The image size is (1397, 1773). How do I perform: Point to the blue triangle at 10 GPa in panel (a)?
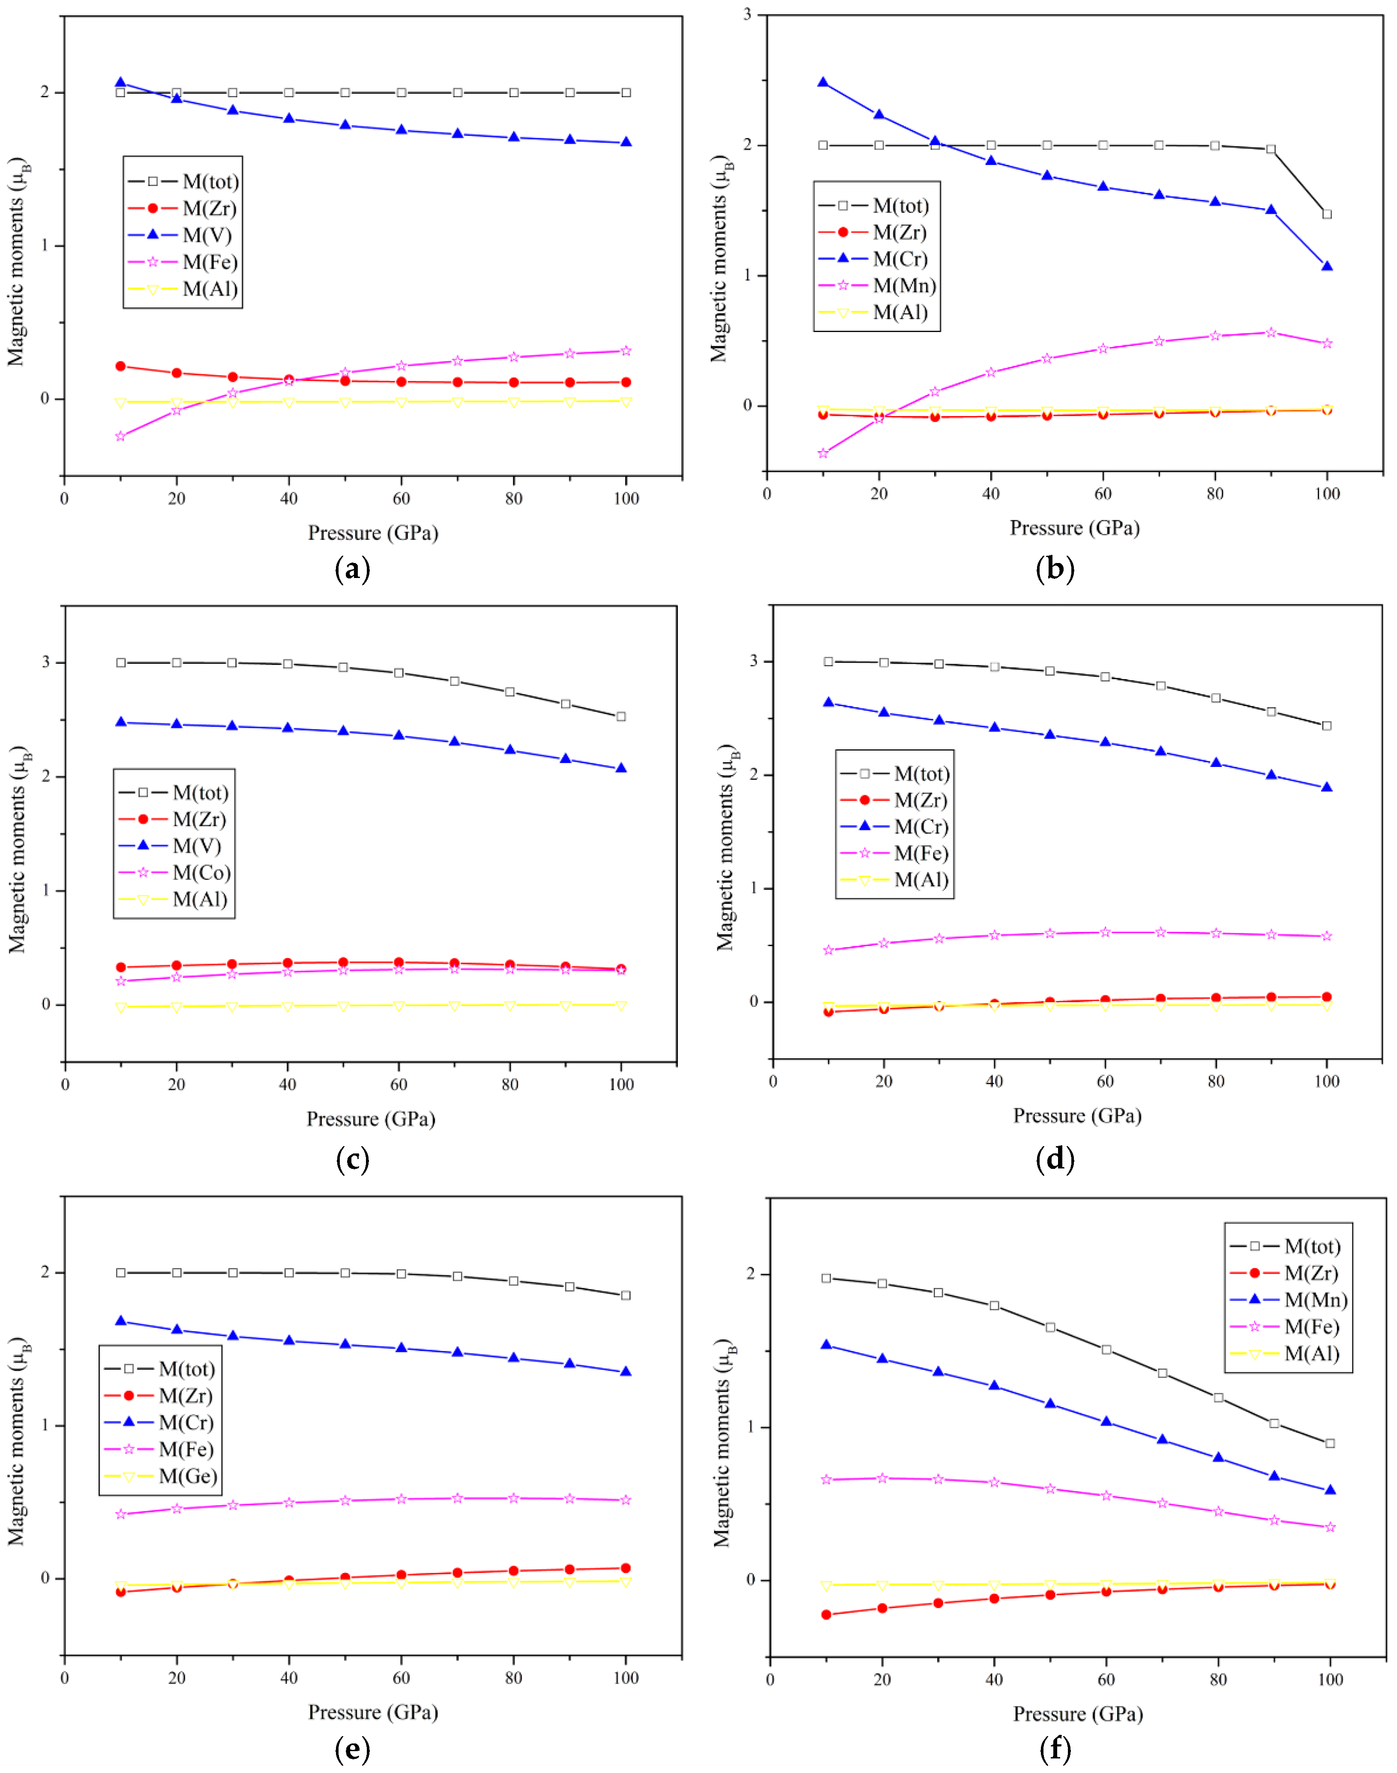coord(120,83)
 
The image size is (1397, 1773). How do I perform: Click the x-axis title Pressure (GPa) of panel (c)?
coord(371,1119)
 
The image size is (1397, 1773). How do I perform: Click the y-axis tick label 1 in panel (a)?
coord(46,246)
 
